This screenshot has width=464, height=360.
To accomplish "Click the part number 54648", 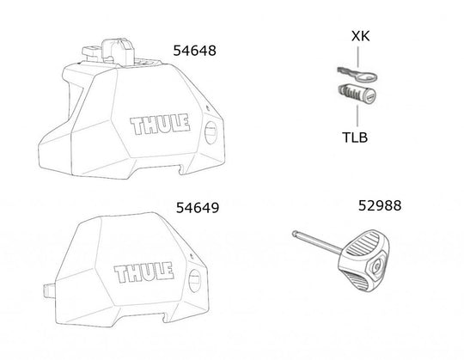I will [x=194, y=52].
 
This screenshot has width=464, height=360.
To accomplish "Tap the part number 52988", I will [x=379, y=207].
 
